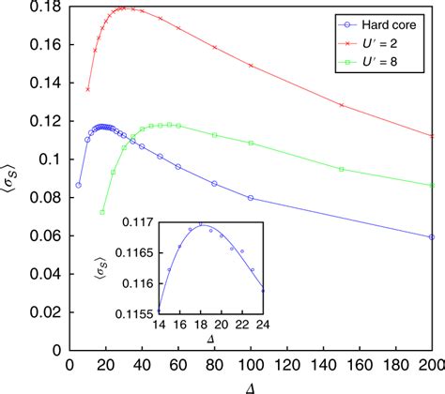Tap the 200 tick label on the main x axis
pyautogui.click(x=431, y=362)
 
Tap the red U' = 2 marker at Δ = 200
pyautogui.click(x=431, y=135)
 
